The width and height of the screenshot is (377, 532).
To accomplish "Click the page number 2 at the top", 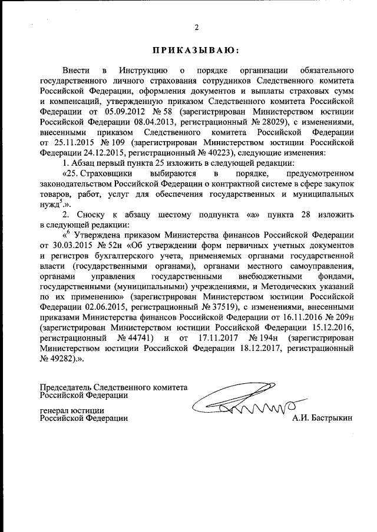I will coord(197,26).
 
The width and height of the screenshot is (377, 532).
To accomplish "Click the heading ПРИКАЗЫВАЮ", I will coord(196,51).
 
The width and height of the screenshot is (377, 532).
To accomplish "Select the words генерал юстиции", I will coord(72,410).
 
